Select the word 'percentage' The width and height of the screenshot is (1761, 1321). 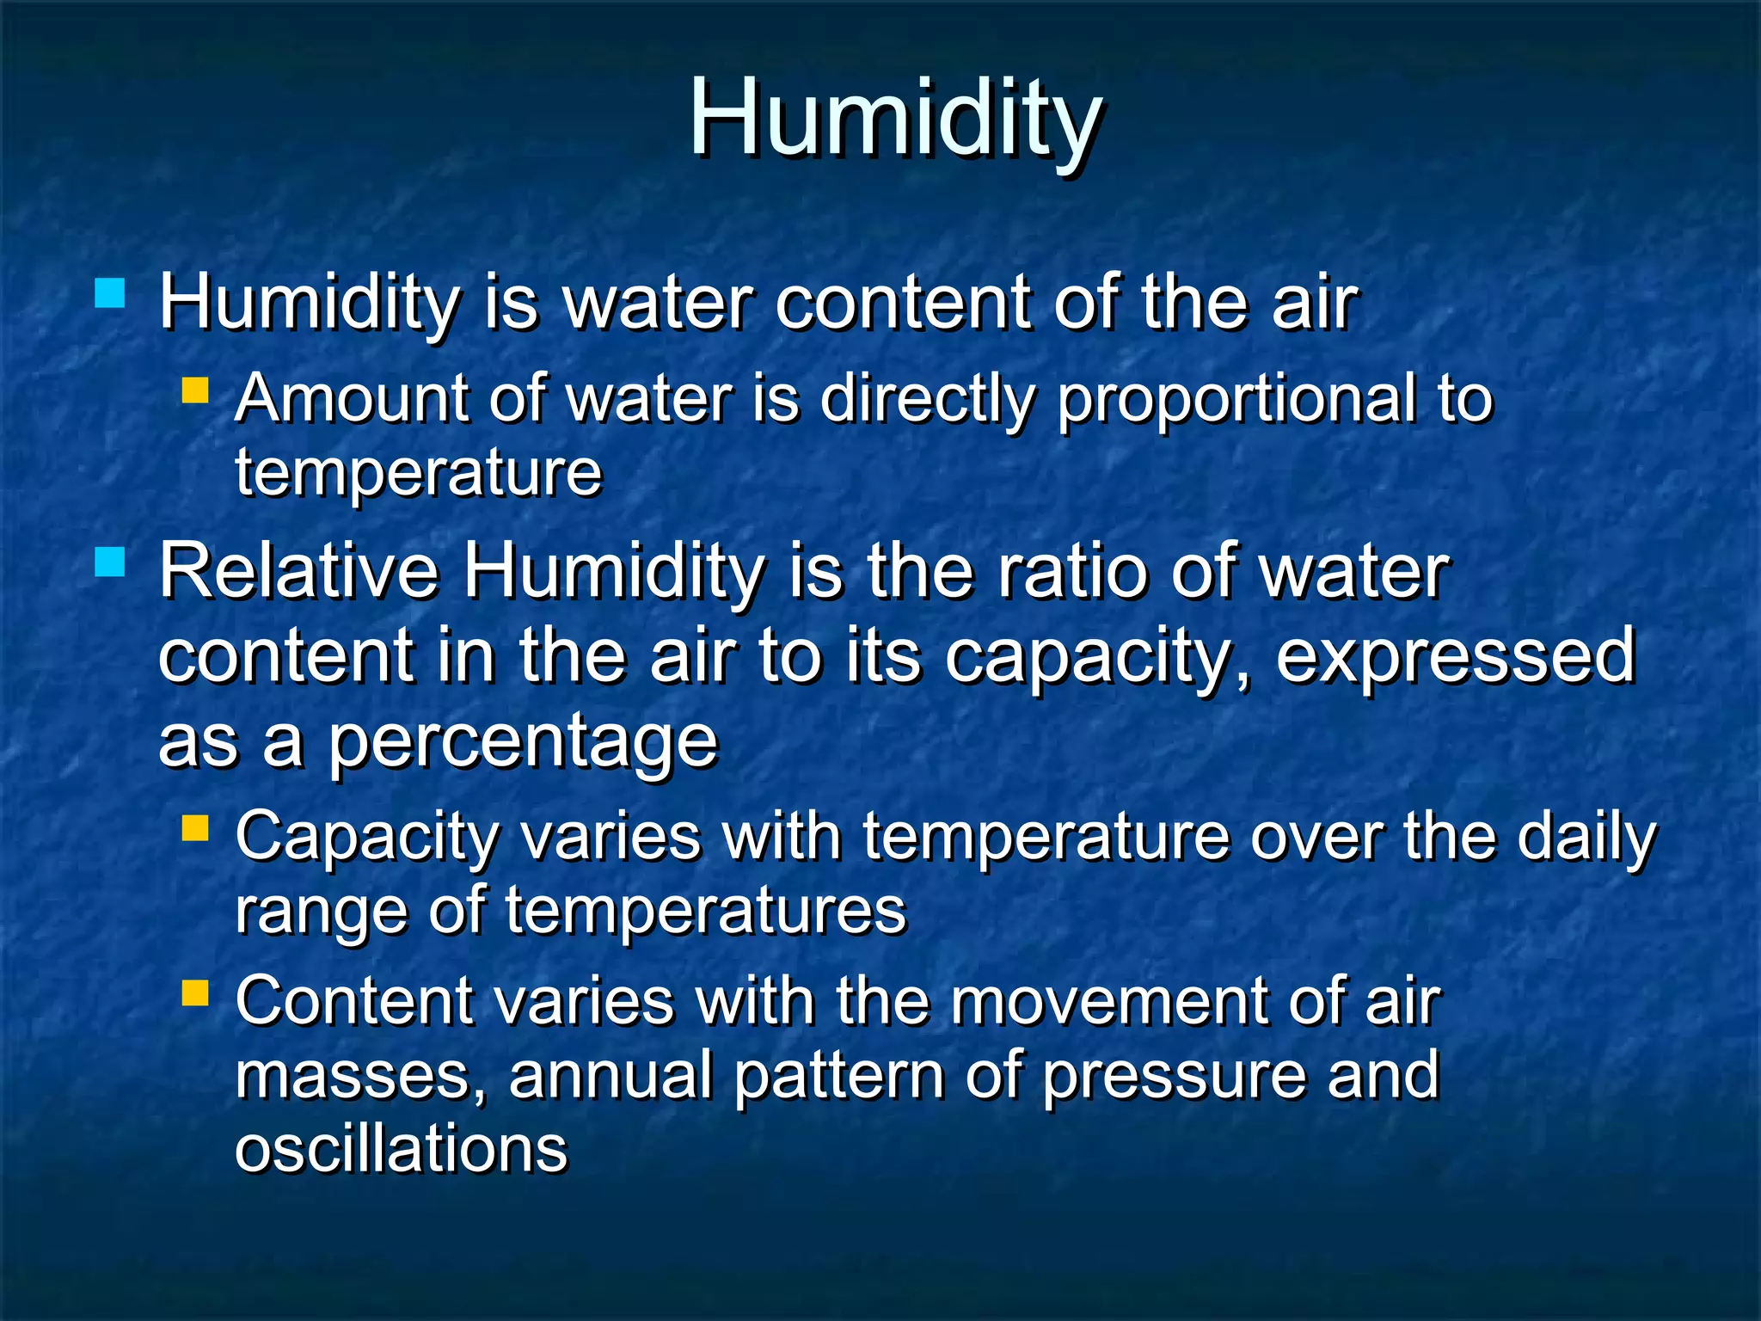click(523, 741)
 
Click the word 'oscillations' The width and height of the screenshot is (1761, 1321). click(402, 1148)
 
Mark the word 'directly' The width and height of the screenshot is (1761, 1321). click(927, 401)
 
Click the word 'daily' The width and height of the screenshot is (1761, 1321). click(1586, 838)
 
